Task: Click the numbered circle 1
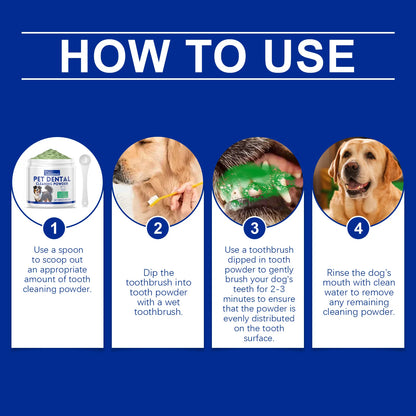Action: coord(57,229)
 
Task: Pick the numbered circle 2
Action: coord(157,229)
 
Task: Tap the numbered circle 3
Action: coord(257,229)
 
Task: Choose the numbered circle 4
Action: coord(357,229)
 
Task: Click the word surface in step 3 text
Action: coord(257,338)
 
